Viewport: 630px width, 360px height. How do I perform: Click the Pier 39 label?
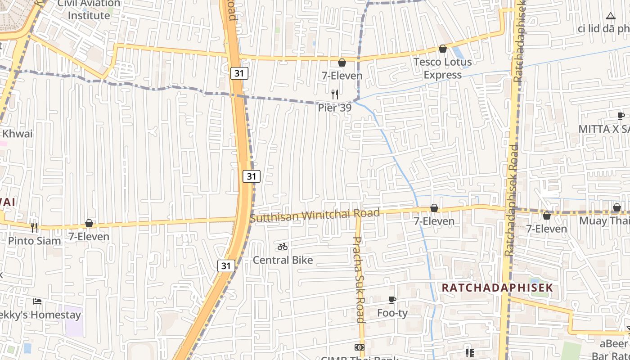[x=334, y=108]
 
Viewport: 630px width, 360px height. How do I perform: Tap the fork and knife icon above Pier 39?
[x=334, y=94]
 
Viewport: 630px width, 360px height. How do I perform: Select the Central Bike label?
[x=283, y=260]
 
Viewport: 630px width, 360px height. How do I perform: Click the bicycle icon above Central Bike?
[x=283, y=247]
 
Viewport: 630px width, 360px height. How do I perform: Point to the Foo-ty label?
[x=392, y=313]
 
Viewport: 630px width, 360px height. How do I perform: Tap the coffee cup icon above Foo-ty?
[x=392, y=300]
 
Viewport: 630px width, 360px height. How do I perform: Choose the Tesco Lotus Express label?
[x=443, y=68]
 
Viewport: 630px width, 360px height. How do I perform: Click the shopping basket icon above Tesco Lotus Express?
[x=443, y=49]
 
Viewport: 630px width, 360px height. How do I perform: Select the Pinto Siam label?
[x=35, y=241]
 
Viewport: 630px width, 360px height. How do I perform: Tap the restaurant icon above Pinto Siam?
[x=34, y=227]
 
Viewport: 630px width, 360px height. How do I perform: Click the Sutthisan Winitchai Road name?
[x=315, y=215]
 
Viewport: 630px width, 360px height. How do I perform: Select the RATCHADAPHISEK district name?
[x=497, y=288]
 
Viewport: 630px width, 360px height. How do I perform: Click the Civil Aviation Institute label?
[x=89, y=9]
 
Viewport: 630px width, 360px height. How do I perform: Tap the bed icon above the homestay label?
[x=37, y=301]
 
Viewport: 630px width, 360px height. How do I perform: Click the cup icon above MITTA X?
[x=621, y=116]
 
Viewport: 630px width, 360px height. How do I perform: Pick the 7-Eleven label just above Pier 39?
[x=342, y=76]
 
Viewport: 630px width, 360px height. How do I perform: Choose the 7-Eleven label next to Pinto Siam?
[x=89, y=236]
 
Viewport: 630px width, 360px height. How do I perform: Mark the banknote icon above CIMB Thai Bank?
[x=359, y=347]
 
